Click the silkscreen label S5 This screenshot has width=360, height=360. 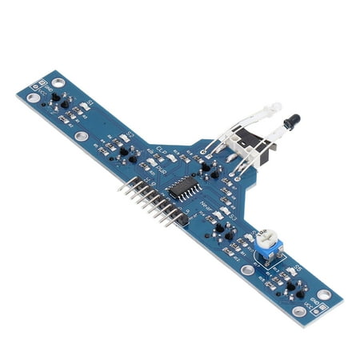pos(298,267)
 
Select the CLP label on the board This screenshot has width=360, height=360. pos(159,150)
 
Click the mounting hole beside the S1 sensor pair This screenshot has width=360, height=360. pos(33,98)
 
